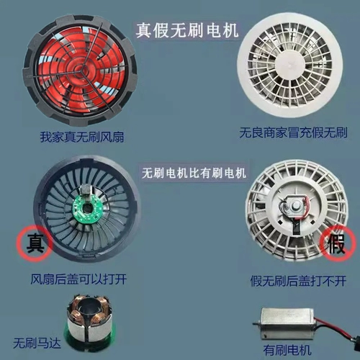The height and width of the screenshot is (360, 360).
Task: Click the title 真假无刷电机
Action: click(x=187, y=30)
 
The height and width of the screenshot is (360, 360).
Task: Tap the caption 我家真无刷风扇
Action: click(x=82, y=138)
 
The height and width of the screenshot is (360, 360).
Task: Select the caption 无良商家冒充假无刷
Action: click(x=293, y=132)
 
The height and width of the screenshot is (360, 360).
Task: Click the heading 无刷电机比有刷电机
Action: click(x=194, y=173)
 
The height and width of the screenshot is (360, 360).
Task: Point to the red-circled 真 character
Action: click(x=35, y=243)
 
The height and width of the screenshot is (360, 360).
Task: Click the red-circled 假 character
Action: click(x=336, y=243)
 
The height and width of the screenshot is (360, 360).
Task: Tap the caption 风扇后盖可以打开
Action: click(x=78, y=279)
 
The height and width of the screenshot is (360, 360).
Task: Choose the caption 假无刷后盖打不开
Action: click(x=298, y=281)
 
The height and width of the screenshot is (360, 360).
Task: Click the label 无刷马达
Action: click(x=37, y=343)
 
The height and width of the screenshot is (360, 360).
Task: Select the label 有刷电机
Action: click(x=287, y=350)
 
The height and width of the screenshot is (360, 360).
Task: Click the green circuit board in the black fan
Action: click(x=86, y=209)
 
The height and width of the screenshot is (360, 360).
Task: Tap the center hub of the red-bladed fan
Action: click(x=78, y=68)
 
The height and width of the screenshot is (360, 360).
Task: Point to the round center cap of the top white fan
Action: click(x=291, y=64)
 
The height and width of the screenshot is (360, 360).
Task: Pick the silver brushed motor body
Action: click(x=287, y=323)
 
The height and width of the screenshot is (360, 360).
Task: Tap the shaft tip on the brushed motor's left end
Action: click(x=254, y=324)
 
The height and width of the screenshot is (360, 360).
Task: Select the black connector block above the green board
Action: click(x=86, y=189)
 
